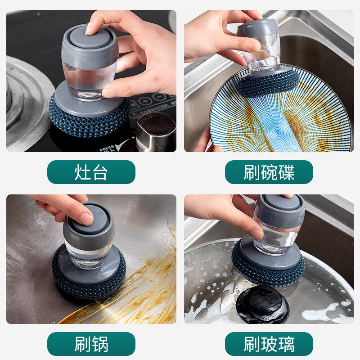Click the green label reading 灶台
click(x=91, y=172)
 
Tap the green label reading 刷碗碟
click(x=269, y=172)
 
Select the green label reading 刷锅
click(x=91, y=344)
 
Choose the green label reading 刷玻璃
click(x=269, y=344)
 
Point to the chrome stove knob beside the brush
click(x=156, y=132)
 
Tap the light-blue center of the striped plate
click(x=278, y=132)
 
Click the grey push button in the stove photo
click(x=90, y=37)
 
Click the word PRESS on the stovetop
click(x=107, y=148)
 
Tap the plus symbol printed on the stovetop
click(x=145, y=101)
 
